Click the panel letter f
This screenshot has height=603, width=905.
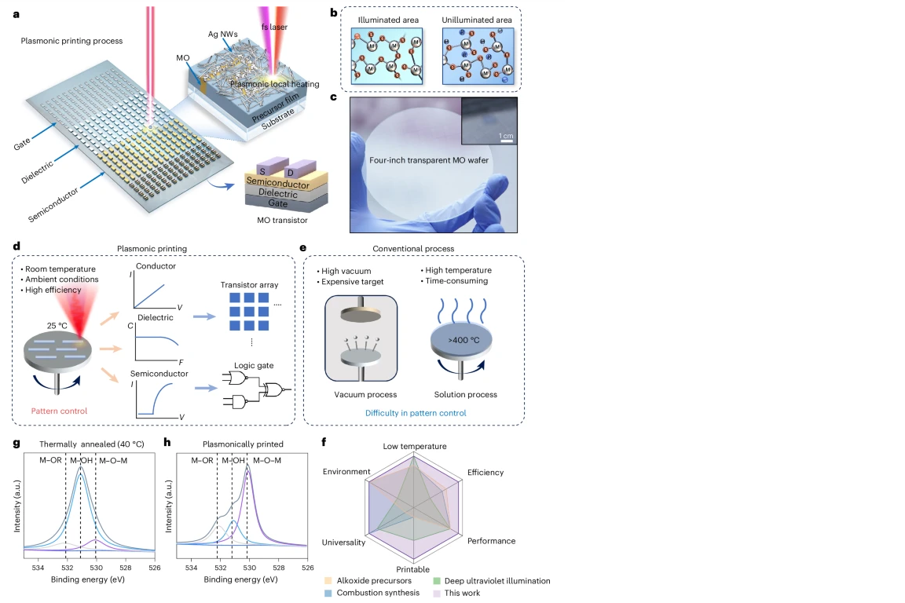pos(326,441)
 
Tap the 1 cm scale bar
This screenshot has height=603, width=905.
pos(507,142)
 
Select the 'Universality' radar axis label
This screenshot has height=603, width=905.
pos(343,543)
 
